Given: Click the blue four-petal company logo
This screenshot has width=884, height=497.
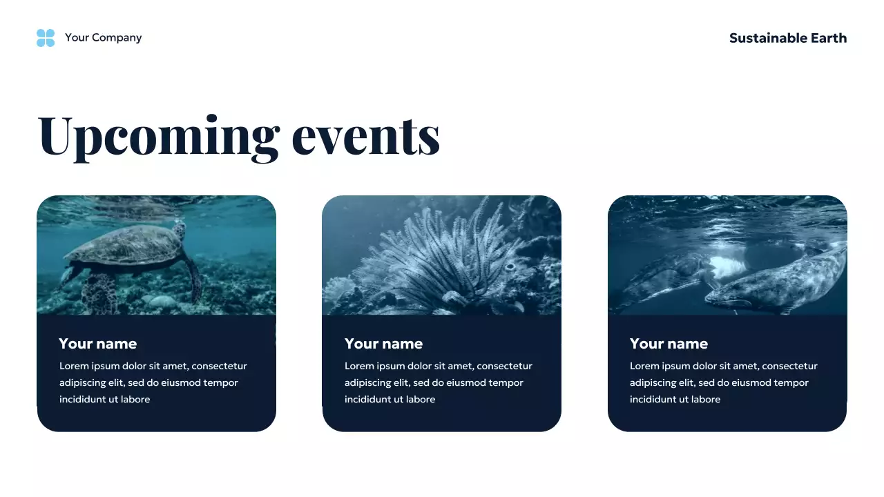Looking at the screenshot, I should coord(46,38).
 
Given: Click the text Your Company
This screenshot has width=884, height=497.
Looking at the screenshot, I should coord(103,38).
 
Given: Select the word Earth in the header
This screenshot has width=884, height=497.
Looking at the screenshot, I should coord(829,38).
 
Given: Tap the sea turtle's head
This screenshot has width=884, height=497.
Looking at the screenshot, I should coord(180,231).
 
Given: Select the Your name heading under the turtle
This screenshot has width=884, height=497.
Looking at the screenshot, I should coord(98,344).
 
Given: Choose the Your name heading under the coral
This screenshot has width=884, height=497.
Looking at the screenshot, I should coord(383,344).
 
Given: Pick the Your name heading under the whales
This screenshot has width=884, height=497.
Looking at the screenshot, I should coord(669,344).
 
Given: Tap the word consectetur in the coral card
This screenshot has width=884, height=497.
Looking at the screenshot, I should coord(505,367).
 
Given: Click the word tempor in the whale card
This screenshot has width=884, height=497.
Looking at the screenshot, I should coord(791,383).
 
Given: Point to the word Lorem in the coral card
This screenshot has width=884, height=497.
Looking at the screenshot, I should coord(359,367).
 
